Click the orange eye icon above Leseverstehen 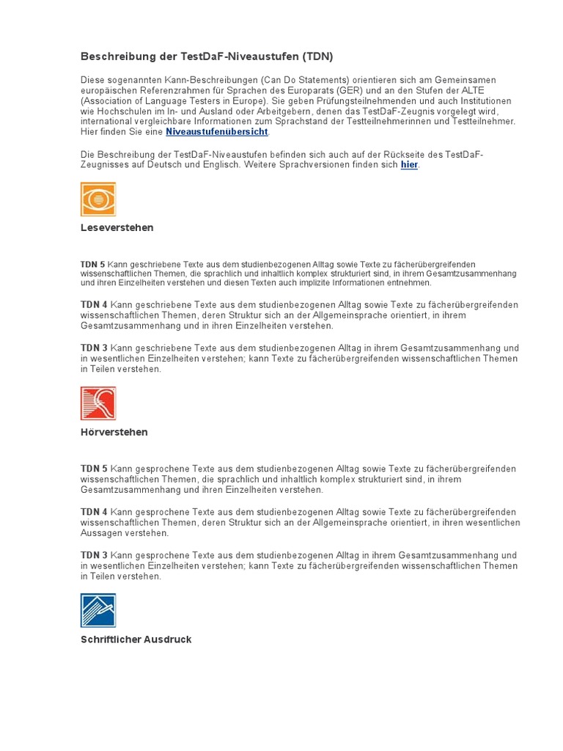(98, 199)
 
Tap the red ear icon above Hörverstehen (98, 403)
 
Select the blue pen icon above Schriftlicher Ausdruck (98, 610)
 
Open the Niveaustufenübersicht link (217, 132)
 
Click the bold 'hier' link (409, 165)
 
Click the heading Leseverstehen (117, 227)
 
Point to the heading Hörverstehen (114, 432)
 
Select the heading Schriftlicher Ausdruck (136, 640)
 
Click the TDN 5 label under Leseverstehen (93, 264)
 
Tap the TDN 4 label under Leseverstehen (94, 304)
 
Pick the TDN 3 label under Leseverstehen (94, 348)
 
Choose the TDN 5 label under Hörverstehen (94, 468)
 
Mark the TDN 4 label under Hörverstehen (94, 512)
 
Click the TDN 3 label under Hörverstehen (94, 555)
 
